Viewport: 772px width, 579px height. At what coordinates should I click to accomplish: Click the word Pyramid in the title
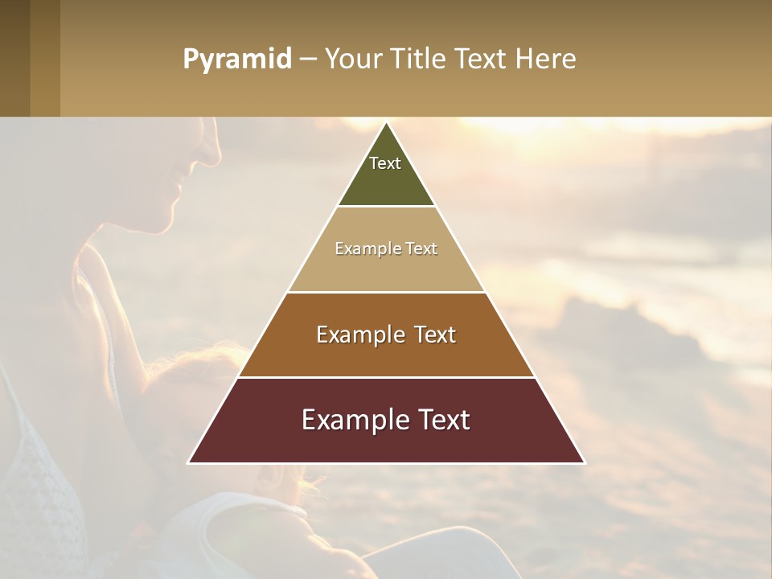(x=237, y=60)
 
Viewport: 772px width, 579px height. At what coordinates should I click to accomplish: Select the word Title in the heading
(x=421, y=60)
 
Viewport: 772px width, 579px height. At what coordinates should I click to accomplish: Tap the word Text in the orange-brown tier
(x=435, y=335)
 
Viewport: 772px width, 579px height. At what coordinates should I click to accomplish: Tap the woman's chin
(x=167, y=221)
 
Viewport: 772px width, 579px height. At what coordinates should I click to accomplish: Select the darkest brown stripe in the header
(x=14, y=58)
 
